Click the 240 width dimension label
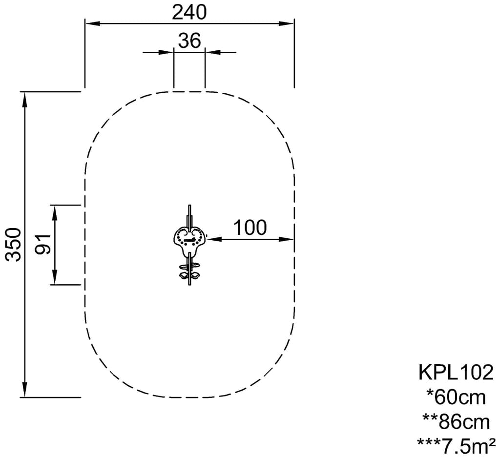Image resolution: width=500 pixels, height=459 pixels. coord(189,12)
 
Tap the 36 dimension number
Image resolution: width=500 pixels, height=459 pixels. coord(189,41)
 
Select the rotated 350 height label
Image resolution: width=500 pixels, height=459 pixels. coord(14,244)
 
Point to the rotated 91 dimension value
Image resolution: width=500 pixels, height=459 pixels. coord(43,244)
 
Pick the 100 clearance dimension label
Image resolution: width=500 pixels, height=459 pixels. coord(250,228)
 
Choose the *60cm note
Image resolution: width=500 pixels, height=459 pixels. coord(456,397)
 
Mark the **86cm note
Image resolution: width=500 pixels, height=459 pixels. coord(456,422)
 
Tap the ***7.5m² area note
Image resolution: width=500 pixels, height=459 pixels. coord(456,446)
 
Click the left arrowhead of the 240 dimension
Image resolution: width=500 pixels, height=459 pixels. coord(92,23)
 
